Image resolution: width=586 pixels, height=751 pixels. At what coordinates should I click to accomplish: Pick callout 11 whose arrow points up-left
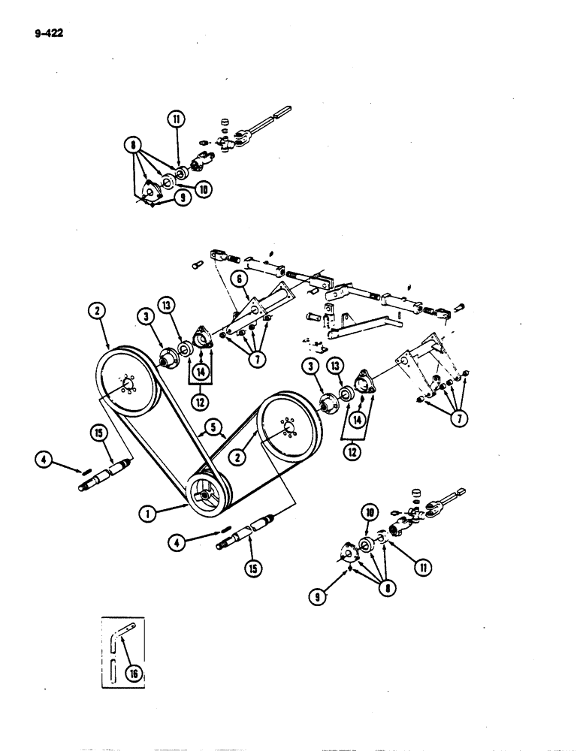[x=405, y=566]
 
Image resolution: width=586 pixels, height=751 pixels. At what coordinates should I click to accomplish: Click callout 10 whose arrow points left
[x=202, y=189]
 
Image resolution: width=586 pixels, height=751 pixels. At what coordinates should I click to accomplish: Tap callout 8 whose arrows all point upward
[x=368, y=590]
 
